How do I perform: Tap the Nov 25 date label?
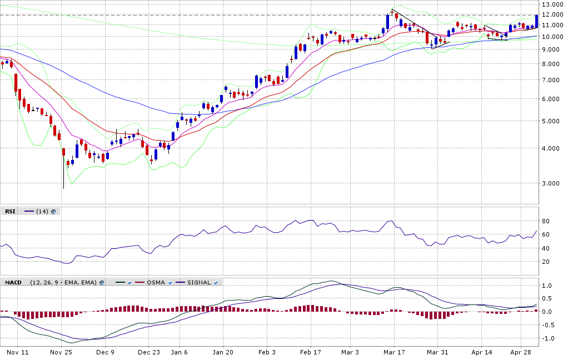tap(61, 352)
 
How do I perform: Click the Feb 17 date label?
tap(311, 352)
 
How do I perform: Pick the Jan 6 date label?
tap(179, 352)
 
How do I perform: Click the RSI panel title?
tap(10, 211)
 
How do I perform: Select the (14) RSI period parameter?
tap(42, 211)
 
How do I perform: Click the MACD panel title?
tap(13, 282)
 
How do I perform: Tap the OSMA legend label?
tap(156, 282)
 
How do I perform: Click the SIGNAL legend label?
tap(198, 282)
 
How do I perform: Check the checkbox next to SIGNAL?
tap(216, 282)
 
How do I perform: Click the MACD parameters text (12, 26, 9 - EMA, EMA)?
tap(63, 282)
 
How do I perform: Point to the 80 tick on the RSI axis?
tap(546, 221)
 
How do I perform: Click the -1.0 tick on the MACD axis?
tap(547, 338)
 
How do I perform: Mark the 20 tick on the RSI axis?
tap(546, 262)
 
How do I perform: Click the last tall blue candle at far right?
tap(536, 21)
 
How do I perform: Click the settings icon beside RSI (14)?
tap(53, 211)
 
